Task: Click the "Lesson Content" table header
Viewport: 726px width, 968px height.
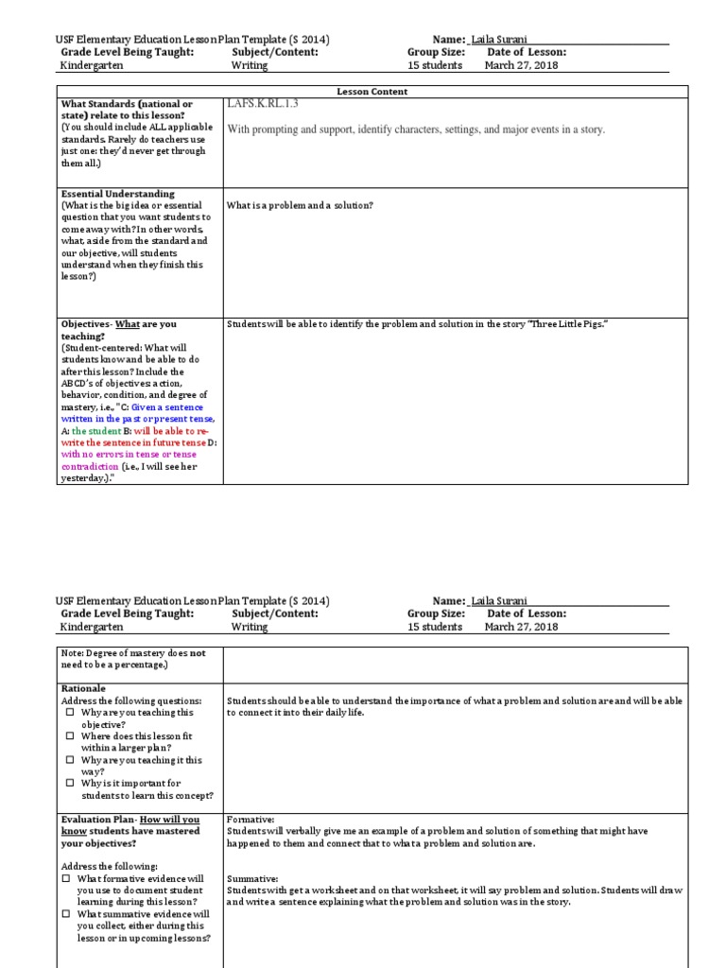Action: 372,92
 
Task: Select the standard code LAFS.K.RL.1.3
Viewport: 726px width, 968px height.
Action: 263,104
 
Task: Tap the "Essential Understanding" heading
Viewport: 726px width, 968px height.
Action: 118,194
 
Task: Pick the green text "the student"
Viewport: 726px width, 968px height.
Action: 96,430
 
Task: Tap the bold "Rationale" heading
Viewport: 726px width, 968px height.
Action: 83,688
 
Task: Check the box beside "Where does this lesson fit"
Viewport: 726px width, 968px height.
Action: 69,735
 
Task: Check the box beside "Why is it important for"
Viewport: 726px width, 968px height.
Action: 69,783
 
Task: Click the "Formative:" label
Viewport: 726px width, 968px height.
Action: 251,820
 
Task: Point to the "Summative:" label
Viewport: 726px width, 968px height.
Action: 252,878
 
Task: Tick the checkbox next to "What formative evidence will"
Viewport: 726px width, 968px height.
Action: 66,878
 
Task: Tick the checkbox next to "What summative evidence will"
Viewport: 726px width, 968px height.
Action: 66,914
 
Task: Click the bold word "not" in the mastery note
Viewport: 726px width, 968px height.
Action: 198,653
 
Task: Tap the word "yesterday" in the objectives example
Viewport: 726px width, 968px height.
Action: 85,477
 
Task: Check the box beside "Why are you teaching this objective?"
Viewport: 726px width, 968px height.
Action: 69,713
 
